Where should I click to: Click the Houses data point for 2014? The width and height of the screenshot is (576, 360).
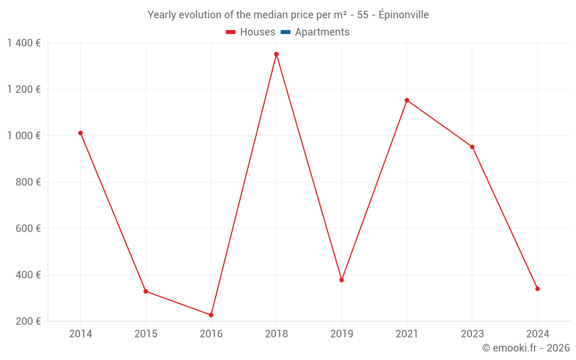pos(81,133)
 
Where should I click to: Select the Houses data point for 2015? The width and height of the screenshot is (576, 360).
pos(146,291)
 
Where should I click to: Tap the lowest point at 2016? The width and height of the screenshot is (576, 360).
pos(211,315)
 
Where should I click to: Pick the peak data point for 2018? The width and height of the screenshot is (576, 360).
pos(276,54)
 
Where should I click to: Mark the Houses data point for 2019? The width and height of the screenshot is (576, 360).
pos(342,280)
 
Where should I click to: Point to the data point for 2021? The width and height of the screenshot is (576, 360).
pos(407,100)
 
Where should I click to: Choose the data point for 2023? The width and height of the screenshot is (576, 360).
pos(472,147)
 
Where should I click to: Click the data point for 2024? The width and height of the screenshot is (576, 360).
pos(537,289)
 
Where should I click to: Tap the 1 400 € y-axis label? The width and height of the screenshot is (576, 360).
pos(24,43)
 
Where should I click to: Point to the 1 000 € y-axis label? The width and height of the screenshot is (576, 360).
pos(24,135)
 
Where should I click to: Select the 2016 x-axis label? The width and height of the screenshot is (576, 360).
pos(211,334)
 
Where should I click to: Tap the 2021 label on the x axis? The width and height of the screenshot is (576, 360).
pos(407,334)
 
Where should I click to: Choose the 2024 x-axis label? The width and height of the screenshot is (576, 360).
pos(537,334)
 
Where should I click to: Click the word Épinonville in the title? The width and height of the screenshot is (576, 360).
pos(403,15)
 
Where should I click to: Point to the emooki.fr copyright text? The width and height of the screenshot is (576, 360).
pos(526,348)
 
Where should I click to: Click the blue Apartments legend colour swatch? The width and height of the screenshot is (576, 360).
pos(285,32)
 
